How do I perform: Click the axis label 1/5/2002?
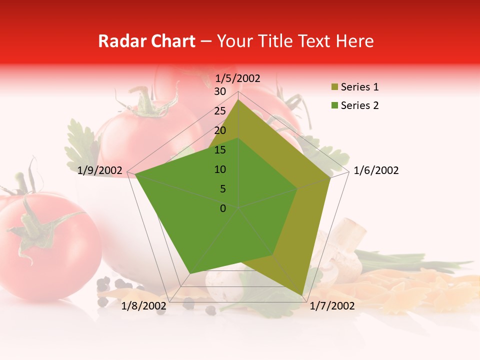tap(238, 78)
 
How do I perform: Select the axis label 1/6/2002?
tap(376, 170)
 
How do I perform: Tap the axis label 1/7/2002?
tap(332, 306)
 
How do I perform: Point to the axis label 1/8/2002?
tap(144, 306)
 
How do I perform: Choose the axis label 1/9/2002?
tap(100, 170)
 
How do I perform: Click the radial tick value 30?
tap(220, 91)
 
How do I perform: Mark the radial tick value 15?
tap(220, 150)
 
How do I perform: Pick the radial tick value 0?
tap(223, 208)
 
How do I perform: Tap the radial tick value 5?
tap(223, 189)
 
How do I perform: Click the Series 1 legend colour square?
tap(334, 87)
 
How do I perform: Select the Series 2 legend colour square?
tap(334, 105)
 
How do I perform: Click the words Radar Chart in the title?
tap(146, 41)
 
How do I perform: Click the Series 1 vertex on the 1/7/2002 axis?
tap(303, 295)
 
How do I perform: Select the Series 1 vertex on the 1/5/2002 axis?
tap(238, 99)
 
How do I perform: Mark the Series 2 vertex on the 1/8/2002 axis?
tap(190, 273)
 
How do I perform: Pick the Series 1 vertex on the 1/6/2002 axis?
tap(330, 177)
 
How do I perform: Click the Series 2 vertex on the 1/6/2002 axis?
tap(297, 188)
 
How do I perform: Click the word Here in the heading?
tap(354, 41)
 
